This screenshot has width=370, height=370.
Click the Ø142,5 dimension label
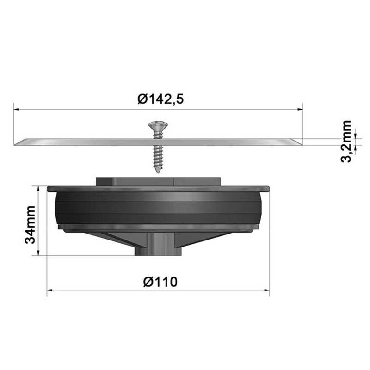point(160,99)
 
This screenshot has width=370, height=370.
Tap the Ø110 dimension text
point(160,282)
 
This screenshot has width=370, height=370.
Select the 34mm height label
point(30,225)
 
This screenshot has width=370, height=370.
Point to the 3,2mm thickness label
point(346,142)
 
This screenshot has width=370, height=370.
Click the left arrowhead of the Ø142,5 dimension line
point(16,109)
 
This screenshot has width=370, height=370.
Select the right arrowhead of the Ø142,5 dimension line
point(300,109)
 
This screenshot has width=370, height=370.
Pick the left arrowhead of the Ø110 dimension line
point(50,290)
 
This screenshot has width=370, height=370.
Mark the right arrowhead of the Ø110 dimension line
point(267,290)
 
